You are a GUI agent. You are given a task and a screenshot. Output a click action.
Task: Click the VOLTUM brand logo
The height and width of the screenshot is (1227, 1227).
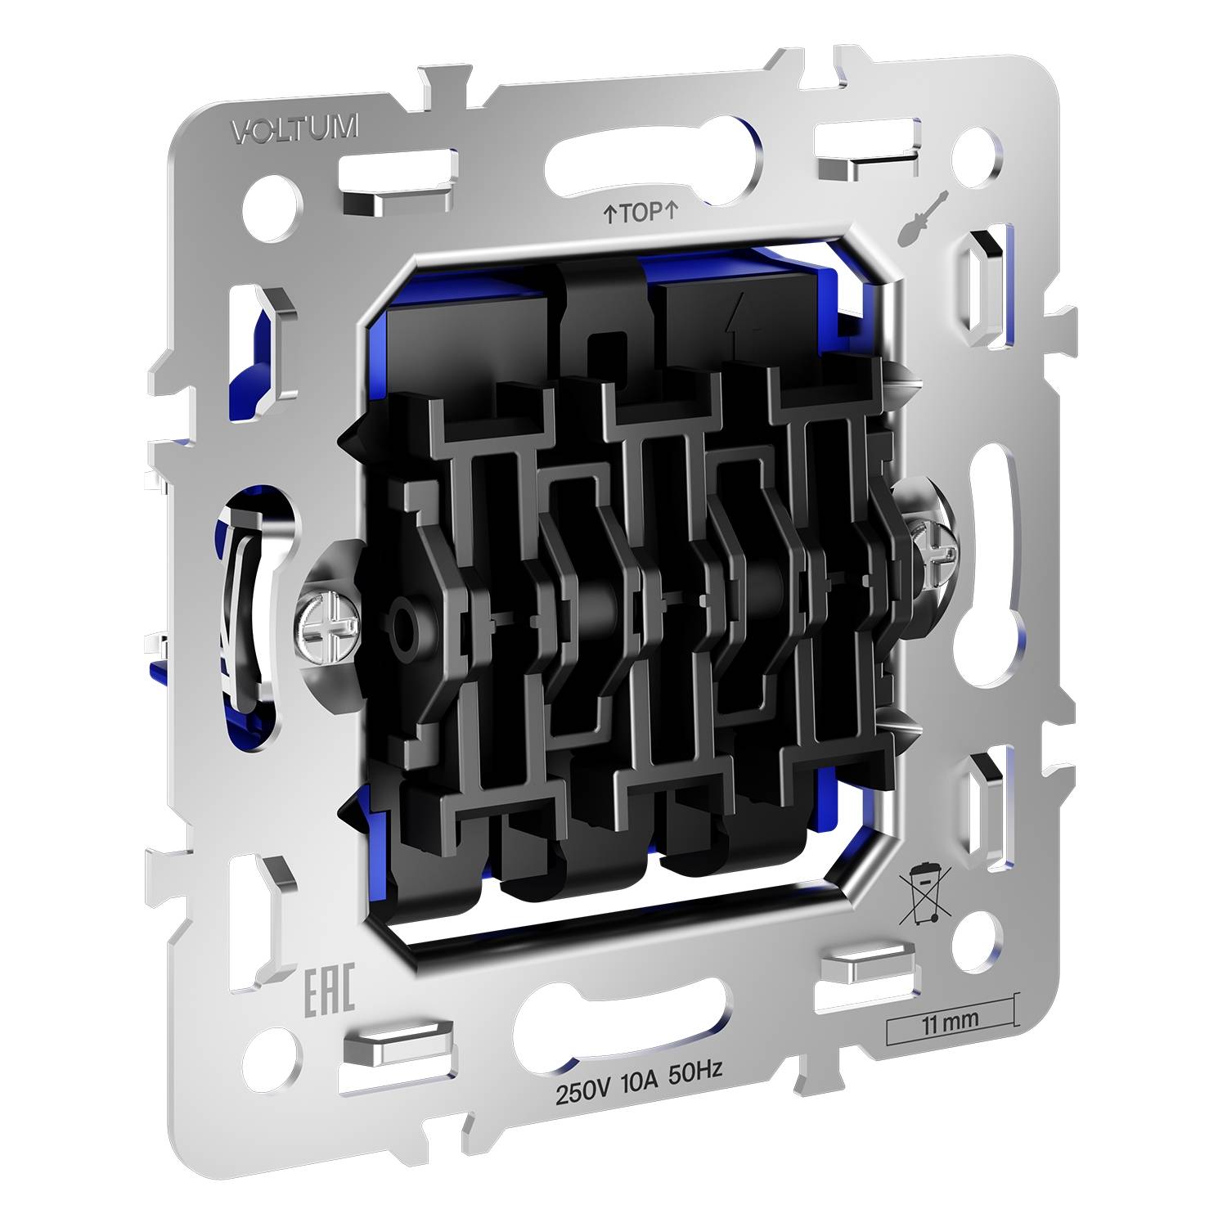tap(295, 129)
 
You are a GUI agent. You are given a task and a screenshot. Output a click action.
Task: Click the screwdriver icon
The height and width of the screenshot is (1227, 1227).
tap(923, 217)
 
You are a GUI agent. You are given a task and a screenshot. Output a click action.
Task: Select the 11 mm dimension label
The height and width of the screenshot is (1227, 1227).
tap(950, 1021)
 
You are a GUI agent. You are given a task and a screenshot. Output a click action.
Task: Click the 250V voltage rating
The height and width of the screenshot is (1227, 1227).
tap(584, 1093)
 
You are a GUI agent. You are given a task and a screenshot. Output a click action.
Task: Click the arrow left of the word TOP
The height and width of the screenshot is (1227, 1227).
tap(609, 216)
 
